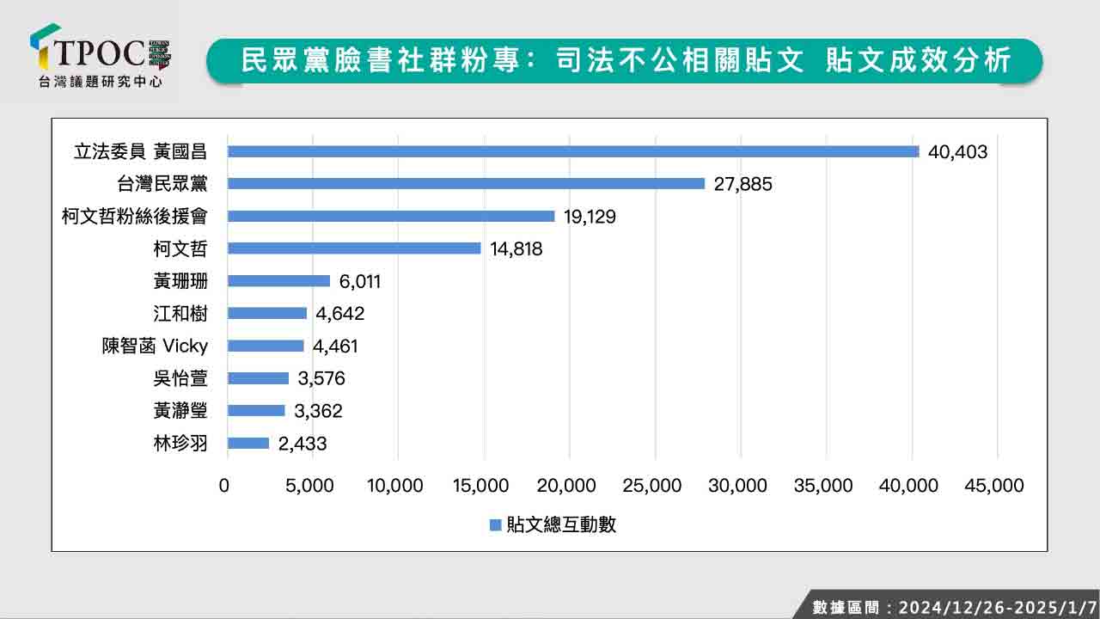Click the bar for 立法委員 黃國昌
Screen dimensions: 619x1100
tap(573, 151)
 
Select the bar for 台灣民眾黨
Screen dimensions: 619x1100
tap(466, 183)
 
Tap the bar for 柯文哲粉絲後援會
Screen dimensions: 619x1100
tap(391, 216)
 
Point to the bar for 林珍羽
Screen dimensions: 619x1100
tap(248, 443)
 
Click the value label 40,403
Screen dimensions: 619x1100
tap(957, 152)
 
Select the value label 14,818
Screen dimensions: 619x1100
tap(516, 248)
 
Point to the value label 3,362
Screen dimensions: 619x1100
tap(318, 411)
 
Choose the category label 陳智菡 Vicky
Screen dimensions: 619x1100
tap(155, 346)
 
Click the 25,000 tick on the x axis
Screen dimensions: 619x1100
tap(653, 486)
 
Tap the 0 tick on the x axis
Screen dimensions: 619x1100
tap(224, 486)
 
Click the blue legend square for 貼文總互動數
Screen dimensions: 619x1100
tap(495, 525)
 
